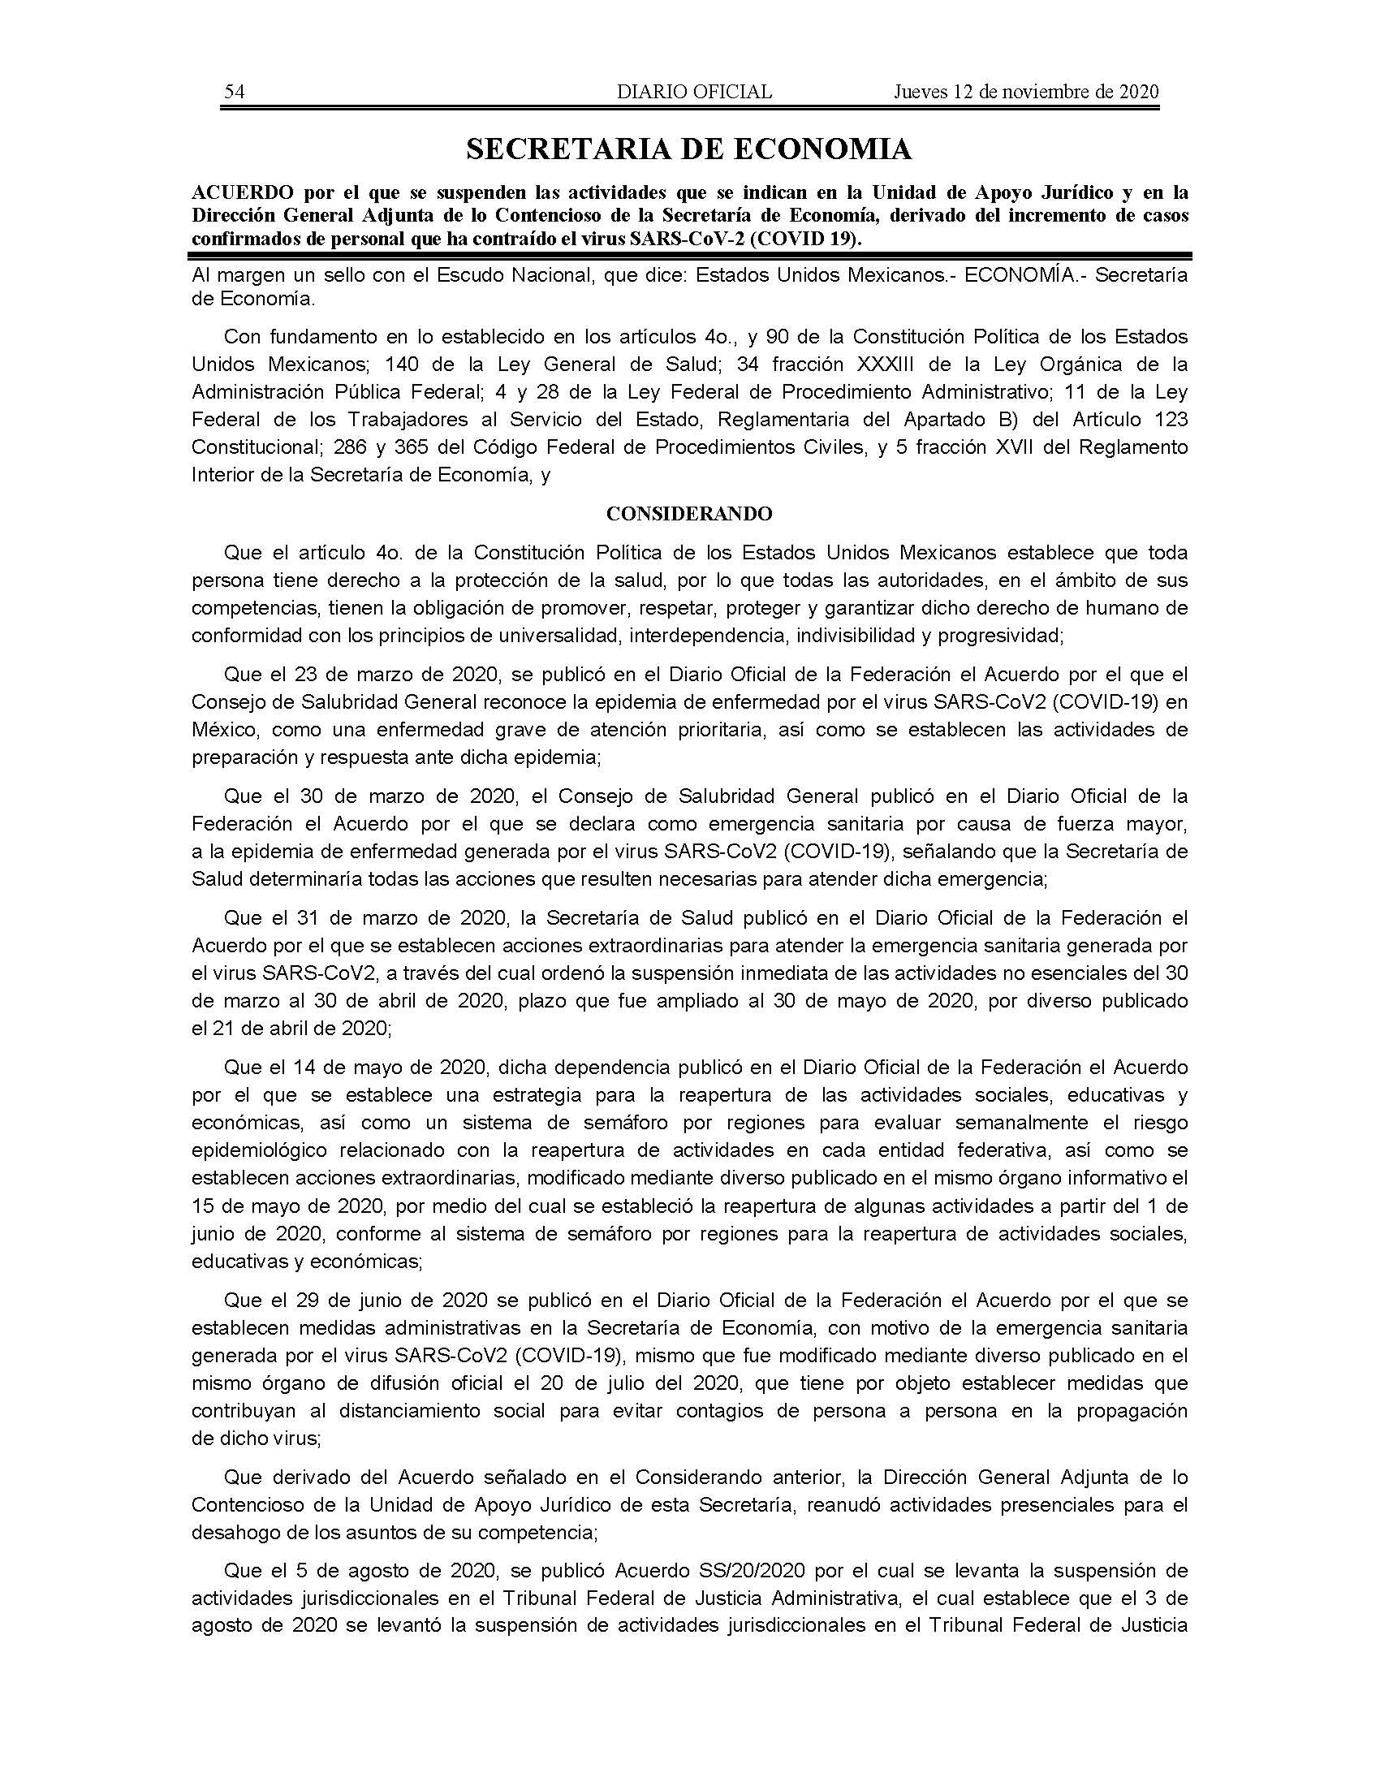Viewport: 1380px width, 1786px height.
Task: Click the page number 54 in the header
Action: (235, 92)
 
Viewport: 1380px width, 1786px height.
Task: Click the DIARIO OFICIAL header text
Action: (694, 92)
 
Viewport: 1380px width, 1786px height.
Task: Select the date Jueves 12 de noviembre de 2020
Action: (1026, 92)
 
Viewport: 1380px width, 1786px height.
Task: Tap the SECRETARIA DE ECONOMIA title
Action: (688, 149)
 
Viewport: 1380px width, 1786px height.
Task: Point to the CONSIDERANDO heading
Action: (689, 514)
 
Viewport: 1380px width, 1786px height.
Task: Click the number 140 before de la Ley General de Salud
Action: (401, 363)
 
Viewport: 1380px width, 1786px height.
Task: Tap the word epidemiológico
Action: (258, 1150)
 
